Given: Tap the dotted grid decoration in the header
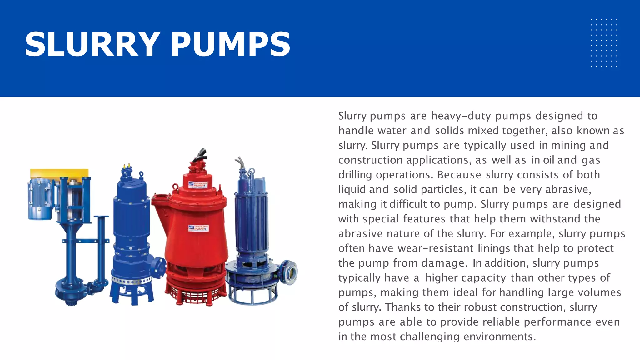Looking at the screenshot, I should pyautogui.click(x=604, y=43).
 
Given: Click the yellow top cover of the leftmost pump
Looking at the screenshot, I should pyautogui.click(x=59, y=173).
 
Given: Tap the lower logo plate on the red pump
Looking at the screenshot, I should pyautogui.click(x=198, y=228).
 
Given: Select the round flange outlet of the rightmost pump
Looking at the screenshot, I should pyautogui.click(x=289, y=272).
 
